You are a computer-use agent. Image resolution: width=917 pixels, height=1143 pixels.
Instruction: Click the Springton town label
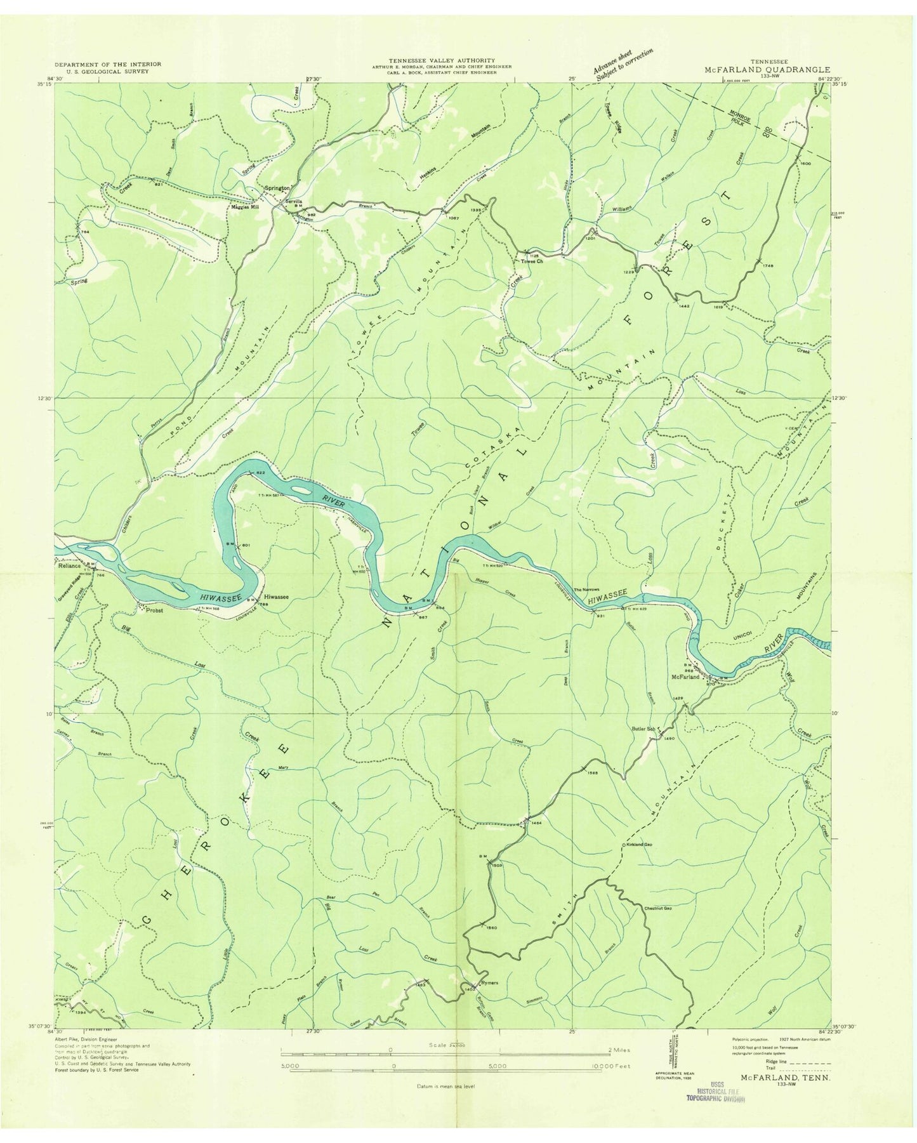(277, 188)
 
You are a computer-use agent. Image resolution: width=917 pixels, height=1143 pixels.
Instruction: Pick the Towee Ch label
(532, 260)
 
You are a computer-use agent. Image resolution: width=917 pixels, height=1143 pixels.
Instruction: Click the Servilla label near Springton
(294, 201)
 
